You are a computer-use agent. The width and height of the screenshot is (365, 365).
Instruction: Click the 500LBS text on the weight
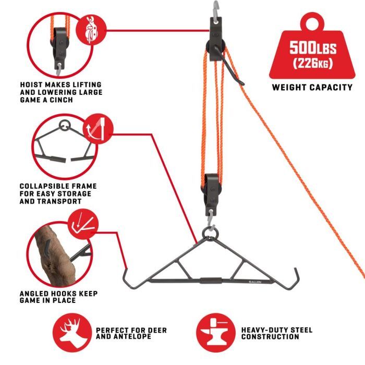click(x=313, y=49)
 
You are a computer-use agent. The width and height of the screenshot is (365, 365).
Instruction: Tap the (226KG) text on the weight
click(x=313, y=64)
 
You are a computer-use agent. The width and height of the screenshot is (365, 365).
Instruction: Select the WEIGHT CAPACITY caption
click(x=312, y=88)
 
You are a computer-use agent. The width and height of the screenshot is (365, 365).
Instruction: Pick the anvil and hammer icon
click(x=214, y=333)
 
